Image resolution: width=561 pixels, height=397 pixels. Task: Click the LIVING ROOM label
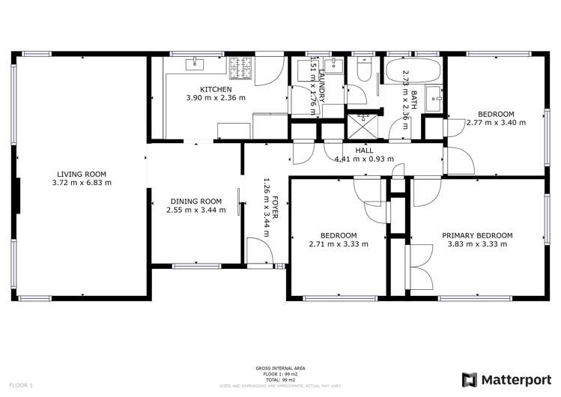[82, 174]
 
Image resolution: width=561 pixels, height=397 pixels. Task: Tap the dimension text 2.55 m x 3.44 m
[195, 210]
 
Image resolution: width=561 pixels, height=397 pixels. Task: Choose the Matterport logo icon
[470, 379]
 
